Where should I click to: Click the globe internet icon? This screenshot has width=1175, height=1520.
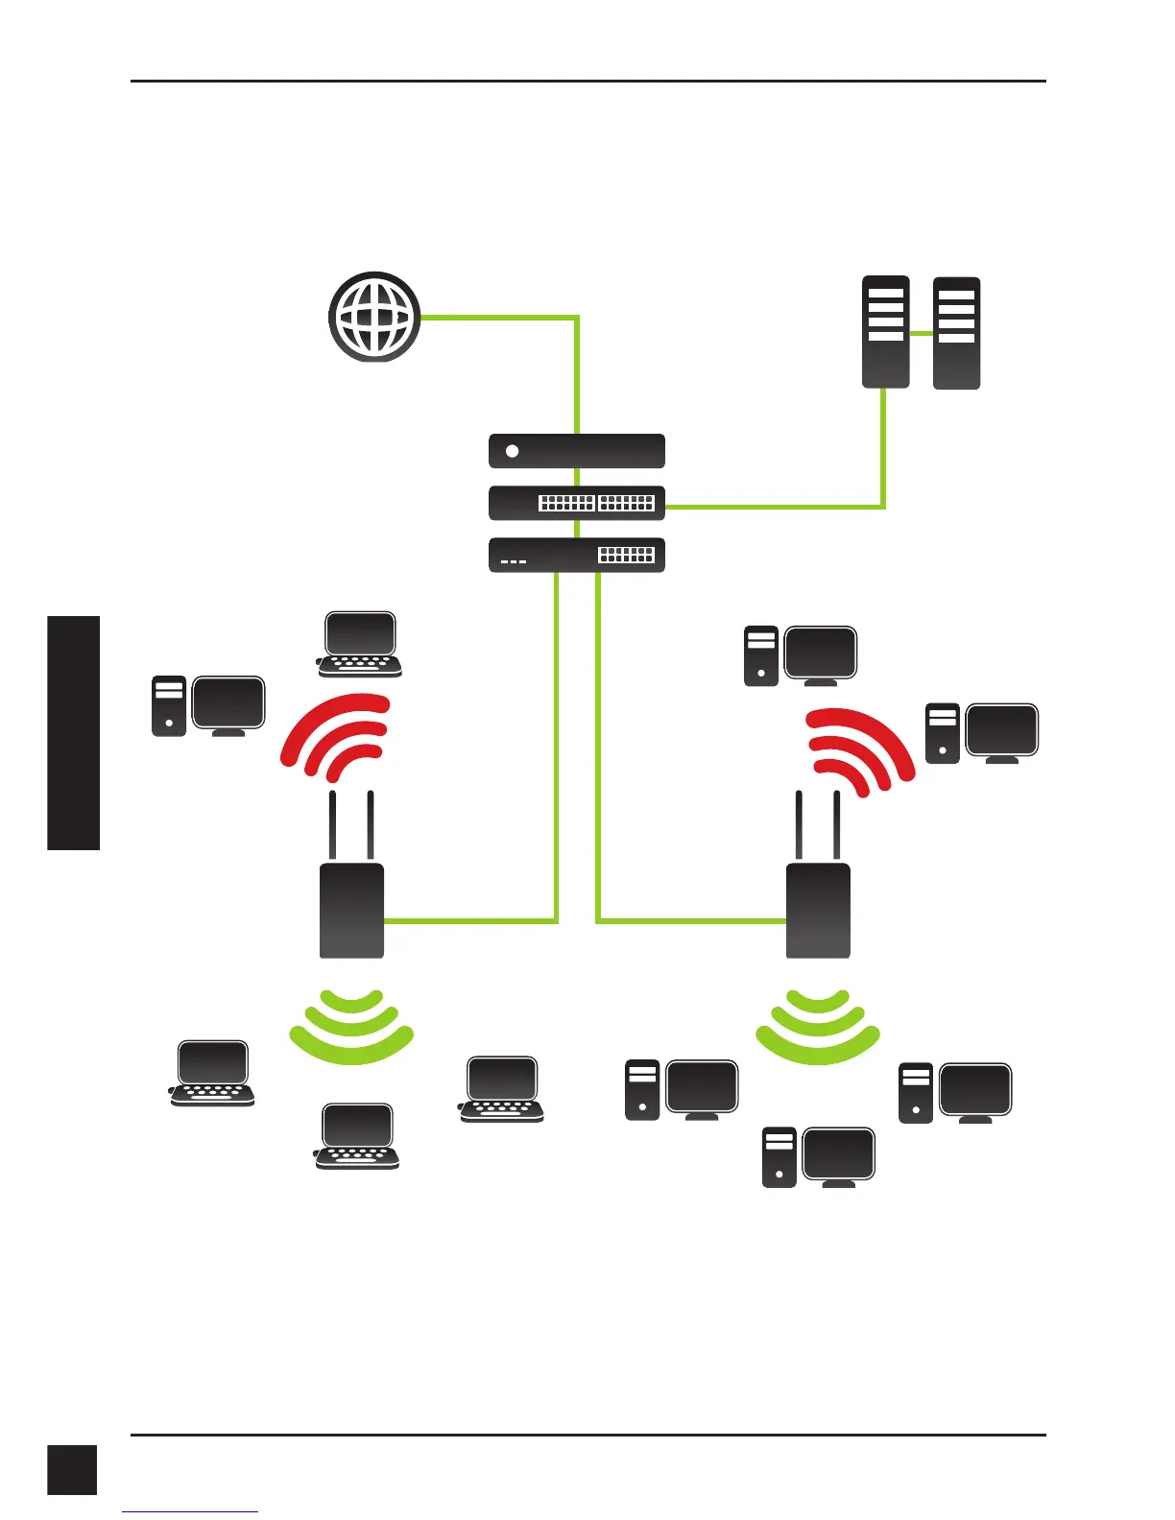pos(374,317)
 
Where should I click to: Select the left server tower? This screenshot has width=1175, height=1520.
pos(885,332)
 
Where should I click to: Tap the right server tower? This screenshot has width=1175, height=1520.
pos(956,332)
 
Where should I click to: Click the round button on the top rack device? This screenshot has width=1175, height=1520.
pos(513,451)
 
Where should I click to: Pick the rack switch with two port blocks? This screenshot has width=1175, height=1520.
pos(576,503)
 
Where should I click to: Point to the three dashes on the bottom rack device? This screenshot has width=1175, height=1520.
pos(514,561)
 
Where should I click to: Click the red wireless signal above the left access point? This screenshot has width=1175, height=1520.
pos(336,735)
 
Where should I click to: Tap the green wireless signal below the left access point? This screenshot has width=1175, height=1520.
pos(351,1027)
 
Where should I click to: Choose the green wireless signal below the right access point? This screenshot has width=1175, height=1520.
pos(818,1027)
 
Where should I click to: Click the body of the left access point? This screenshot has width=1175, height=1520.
pos(351,910)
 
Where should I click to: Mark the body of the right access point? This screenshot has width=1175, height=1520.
pos(818,910)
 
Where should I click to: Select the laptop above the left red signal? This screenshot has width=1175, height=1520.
pos(359,644)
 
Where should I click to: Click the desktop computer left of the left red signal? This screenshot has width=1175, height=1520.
pos(208,706)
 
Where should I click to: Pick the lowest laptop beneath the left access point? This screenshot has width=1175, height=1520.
pos(357,1136)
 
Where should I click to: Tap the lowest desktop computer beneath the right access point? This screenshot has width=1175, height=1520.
pos(819,1157)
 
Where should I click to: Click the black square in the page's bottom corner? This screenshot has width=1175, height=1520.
pos(72,1469)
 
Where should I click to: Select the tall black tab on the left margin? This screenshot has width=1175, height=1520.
pos(74,733)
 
